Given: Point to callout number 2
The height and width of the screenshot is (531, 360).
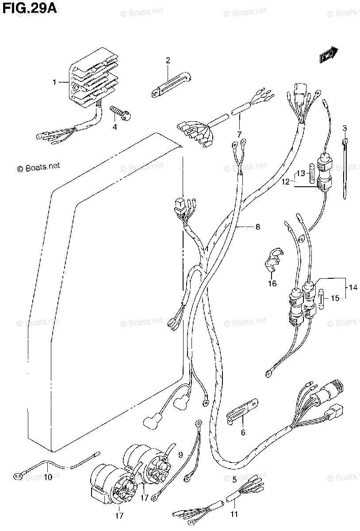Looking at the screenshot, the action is [168, 61].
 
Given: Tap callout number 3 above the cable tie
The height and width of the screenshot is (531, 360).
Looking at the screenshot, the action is [345, 129].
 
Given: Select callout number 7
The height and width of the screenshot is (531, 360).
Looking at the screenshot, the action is [239, 134].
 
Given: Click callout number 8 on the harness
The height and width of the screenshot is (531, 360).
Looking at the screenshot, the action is [257, 227].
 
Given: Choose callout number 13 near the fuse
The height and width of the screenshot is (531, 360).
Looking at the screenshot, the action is [301, 173].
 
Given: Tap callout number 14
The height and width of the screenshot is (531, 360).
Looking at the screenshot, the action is [352, 288].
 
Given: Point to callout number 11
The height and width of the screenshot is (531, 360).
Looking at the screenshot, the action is [234, 514].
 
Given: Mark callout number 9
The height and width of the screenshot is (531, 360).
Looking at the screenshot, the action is [180, 454].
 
